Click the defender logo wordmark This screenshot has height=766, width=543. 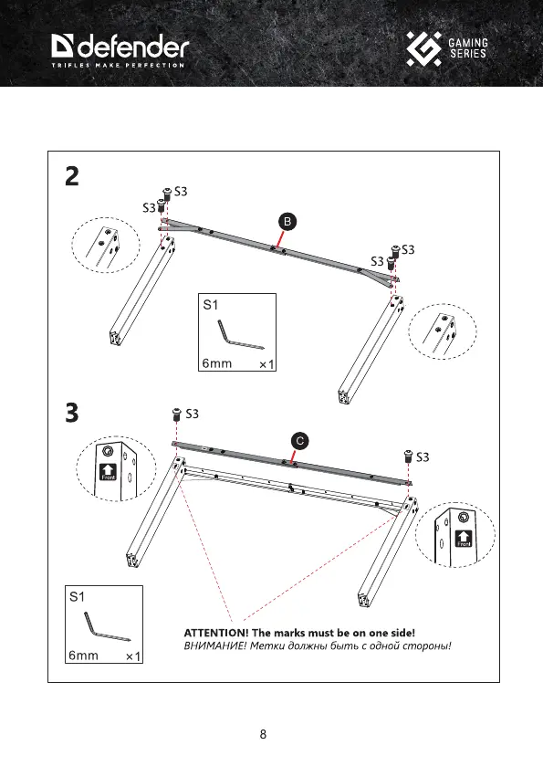coord(120,47)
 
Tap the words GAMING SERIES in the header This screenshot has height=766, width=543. coord(468,48)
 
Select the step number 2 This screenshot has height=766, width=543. coord(72,176)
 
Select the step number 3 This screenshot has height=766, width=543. coord(72,413)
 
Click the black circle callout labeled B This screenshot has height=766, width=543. coord(287,221)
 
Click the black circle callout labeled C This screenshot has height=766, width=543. coord(300,441)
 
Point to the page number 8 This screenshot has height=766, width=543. coord(263,734)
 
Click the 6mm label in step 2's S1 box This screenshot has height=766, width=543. coord(217,363)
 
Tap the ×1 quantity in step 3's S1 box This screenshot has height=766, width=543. coord(133,656)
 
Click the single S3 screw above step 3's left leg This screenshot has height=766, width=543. coord(176,414)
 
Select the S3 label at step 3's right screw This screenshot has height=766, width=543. coord(423,457)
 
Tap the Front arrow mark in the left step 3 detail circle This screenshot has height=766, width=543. coord(108,471)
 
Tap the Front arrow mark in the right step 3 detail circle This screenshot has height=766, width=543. coord(464,539)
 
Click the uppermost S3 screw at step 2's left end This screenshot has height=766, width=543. coord(167,194)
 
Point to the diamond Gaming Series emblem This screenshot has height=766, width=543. coord(423,49)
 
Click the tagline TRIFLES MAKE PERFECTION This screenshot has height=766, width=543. coord(118,65)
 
